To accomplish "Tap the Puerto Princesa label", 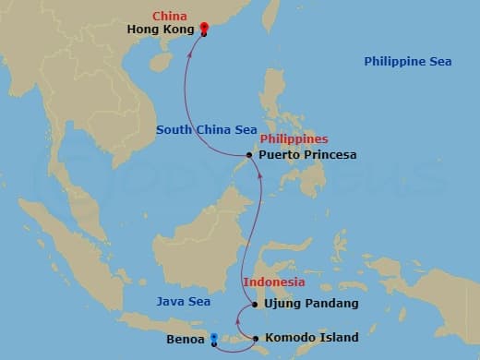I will [x=307, y=155].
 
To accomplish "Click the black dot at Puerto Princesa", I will [x=252, y=155].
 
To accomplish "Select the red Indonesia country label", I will [x=273, y=282].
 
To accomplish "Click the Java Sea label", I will [x=183, y=302].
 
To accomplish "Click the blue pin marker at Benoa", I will [x=214, y=339].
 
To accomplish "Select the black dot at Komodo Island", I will [x=255, y=339].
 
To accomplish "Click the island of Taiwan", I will [x=270, y=20].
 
